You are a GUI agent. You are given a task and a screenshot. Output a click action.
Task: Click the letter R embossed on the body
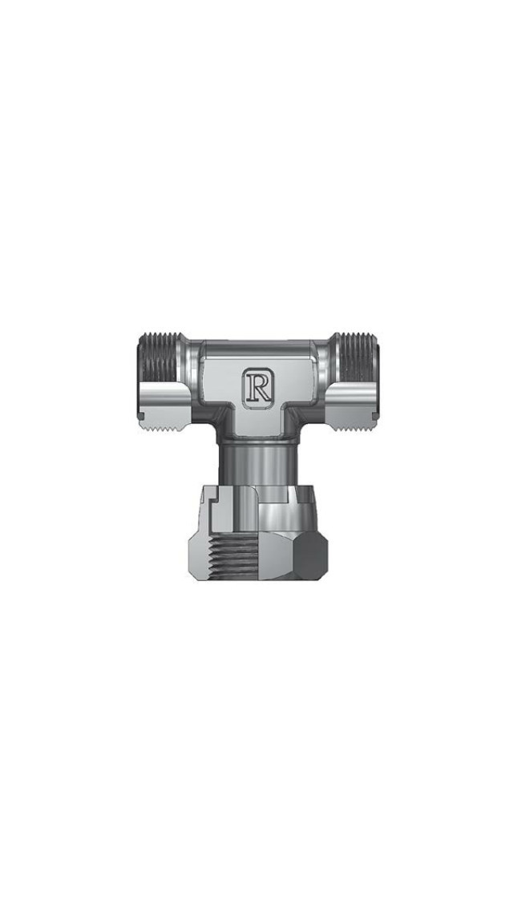[x=257, y=385]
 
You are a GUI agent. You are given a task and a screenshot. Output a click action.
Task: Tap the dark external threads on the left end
[x=160, y=357]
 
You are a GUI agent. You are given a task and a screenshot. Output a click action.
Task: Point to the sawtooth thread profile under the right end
[x=353, y=427]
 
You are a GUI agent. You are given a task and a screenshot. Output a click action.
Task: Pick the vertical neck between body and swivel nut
[x=257, y=463]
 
